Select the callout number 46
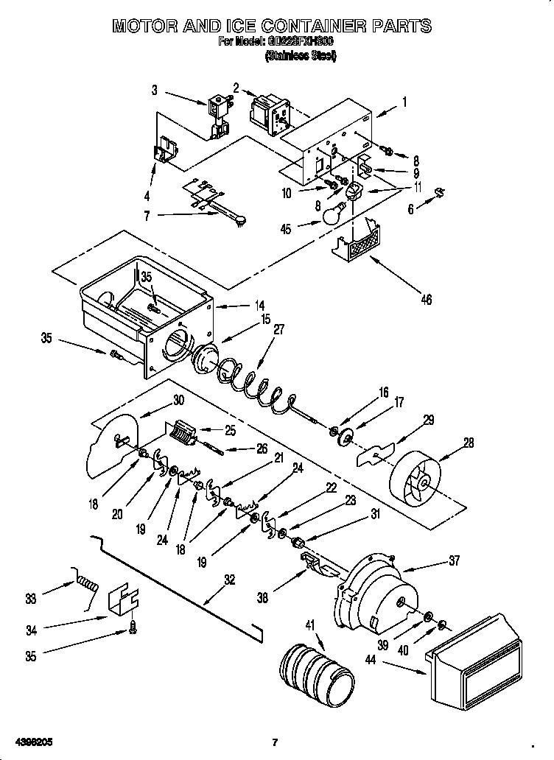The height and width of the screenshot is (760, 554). tap(425, 299)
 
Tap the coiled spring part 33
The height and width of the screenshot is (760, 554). tap(86, 586)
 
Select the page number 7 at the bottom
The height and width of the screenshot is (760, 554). tap(273, 742)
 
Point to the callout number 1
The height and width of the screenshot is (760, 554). tap(404, 103)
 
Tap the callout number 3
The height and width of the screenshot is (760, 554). tap(155, 91)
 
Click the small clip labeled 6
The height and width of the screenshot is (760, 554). tap(439, 193)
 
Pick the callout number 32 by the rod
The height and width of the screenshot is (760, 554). tap(230, 580)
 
